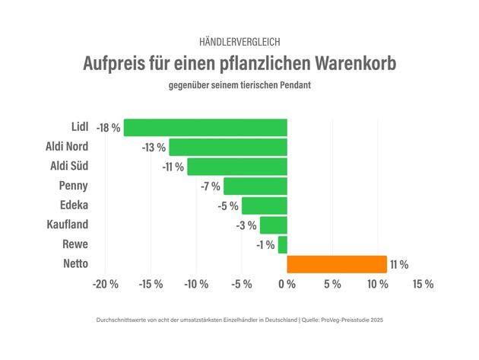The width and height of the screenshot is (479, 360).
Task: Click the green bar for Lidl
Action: pos(205,127)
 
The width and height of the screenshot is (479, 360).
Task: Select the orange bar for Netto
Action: pos(337,264)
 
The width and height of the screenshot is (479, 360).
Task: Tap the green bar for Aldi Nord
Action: pos(228,147)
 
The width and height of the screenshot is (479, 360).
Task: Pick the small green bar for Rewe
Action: pos(283,244)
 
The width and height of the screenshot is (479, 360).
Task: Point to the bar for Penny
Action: pos(255,186)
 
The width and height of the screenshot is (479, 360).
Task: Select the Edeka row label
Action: pos(74,205)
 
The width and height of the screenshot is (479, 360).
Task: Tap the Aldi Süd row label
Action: pos(68,166)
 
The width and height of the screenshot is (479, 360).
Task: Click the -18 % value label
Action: pos(108,128)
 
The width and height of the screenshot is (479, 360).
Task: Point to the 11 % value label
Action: pos(399,265)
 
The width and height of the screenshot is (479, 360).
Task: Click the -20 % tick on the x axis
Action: pos(105,285)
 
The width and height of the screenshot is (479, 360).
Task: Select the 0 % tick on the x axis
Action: pos(287,285)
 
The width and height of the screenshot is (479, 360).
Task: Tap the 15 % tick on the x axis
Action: pos(423,285)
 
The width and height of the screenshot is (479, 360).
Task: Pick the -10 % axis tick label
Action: pos(196,285)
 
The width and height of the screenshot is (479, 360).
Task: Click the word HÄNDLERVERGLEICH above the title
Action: pos(239,41)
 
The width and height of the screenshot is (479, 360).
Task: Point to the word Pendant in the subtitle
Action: pos(292,85)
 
